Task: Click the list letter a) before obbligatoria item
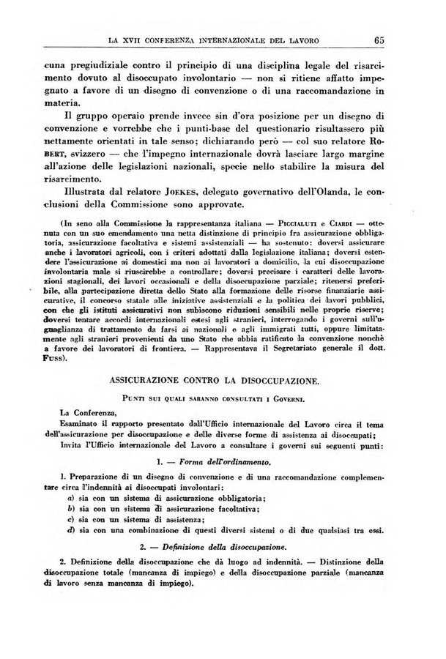point(70,498)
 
